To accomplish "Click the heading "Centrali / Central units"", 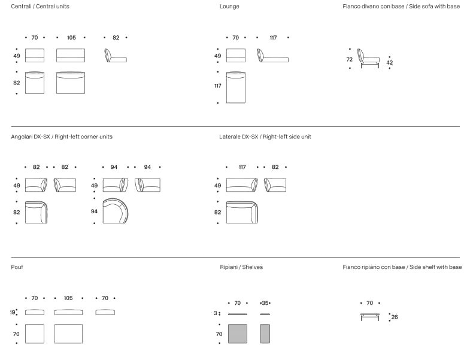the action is tap(40, 6).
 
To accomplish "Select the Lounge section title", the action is tap(229, 6).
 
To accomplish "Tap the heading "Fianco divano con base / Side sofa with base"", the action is tap(401, 6).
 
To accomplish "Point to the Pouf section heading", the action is tap(17, 267).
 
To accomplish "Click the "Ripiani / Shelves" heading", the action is tap(241, 267).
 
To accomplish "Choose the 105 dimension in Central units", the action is tap(71, 38).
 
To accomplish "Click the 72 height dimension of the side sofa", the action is tap(350, 59).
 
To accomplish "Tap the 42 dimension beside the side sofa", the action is tap(389, 62).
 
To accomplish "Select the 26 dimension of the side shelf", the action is tap(395, 317).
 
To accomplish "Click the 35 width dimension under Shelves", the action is tap(265, 303).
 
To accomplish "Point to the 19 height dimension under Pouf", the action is tap(13, 312).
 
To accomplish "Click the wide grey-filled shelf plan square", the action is tap(238, 334).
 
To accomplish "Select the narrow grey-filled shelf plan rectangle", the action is tap(265, 334).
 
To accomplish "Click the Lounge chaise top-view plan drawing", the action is tap(236, 87).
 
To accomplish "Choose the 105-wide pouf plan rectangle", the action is tap(68, 334).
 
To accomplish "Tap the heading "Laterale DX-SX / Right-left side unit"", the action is tap(265, 137).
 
